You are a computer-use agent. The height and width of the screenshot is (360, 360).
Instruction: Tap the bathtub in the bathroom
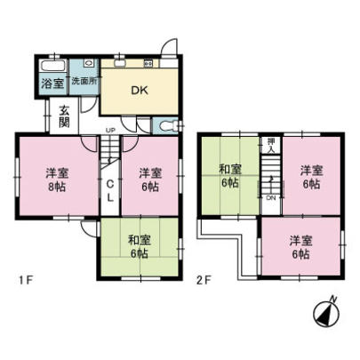pos(52,67)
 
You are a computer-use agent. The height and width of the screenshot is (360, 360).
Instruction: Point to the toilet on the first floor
pos(168,124)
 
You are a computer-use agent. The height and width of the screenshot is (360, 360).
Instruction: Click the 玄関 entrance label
pos(65,116)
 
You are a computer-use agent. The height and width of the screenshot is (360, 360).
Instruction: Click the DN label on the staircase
pos(272,197)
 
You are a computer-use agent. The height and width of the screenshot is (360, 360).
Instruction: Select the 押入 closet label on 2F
pos(270,145)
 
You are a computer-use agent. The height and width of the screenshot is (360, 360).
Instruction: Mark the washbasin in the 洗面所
pos(90,66)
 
